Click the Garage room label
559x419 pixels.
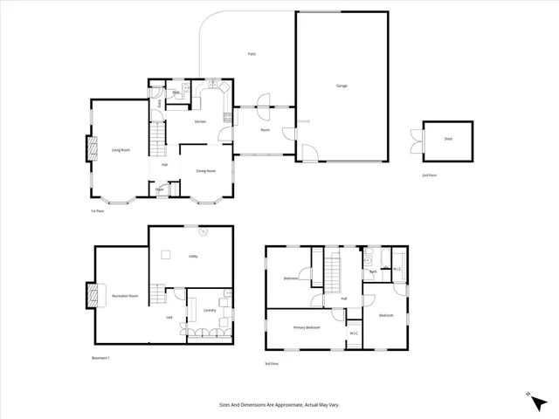pos(342,86)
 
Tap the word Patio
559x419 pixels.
pos(252,54)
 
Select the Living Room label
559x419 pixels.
pos(121,150)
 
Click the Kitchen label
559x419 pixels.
pos(200,121)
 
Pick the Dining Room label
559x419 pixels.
pos(205,170)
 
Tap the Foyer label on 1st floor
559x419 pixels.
pos(160,189)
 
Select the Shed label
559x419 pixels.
pos(448,138)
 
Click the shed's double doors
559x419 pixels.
pos(416,141)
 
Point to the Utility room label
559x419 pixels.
pos(193,256)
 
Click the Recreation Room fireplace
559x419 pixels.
pos(91,296)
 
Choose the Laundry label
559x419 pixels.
pos(210,310)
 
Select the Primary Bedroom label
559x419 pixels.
pos(307,327)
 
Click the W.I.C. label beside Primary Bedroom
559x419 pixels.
pos(355,333)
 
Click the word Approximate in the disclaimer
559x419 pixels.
pos(285,405)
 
